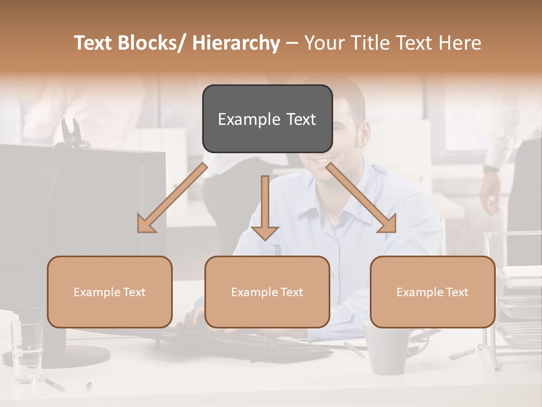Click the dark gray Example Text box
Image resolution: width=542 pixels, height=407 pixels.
(267, 119)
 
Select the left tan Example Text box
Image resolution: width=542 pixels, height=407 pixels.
(110, 292)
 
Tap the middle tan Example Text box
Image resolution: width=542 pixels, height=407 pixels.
(267, 292)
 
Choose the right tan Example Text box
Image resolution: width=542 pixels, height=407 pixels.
(432, 292)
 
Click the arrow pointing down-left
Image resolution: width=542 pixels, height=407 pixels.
(172, 198)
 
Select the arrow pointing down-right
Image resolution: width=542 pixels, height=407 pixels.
(361, 198)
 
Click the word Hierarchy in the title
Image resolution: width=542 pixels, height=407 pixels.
(236, 43)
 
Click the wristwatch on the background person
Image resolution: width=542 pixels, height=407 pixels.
(492, 168)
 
